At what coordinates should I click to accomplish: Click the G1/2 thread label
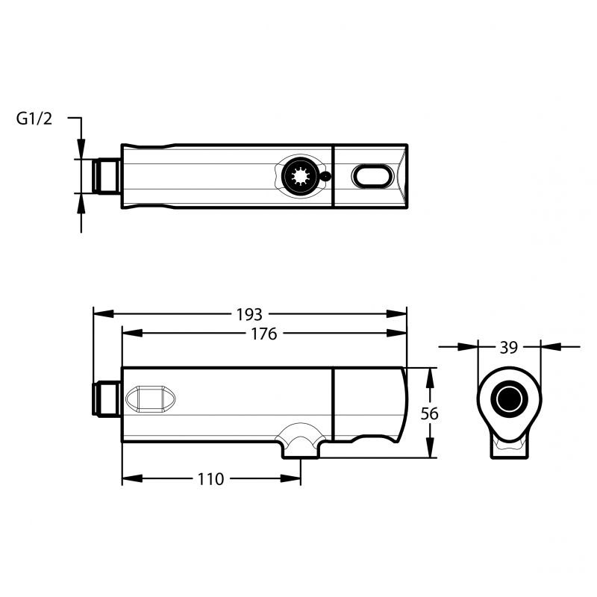tap(34, 119)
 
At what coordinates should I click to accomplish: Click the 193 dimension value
tap(249, 314)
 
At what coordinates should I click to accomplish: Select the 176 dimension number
tap(264, 334)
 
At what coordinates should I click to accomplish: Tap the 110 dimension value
tap(210, 479)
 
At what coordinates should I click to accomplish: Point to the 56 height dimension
tap(430, 413)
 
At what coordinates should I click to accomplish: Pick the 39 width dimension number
tap(509, 348)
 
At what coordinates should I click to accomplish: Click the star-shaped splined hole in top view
tap(301, 176)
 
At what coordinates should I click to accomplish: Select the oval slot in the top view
tap(372, 176)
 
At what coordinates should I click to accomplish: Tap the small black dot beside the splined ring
tap(325, 176)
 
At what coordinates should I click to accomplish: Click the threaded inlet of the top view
tap(107, 176)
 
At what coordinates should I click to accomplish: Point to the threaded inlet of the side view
tap(107, 399)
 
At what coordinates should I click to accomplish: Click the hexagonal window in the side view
tap(151, 399)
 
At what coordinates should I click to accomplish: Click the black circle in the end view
tap(509, 399)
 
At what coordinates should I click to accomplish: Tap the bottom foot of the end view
tap(509, 450)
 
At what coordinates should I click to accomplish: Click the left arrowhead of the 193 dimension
tap(103, 313)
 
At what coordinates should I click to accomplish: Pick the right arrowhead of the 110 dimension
tap(291, 478)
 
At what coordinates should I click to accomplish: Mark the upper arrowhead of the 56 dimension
tap(430, 378)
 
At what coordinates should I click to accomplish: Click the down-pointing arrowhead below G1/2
tap(81, 149)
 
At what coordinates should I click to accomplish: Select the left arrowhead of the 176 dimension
tap(132, 333)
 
